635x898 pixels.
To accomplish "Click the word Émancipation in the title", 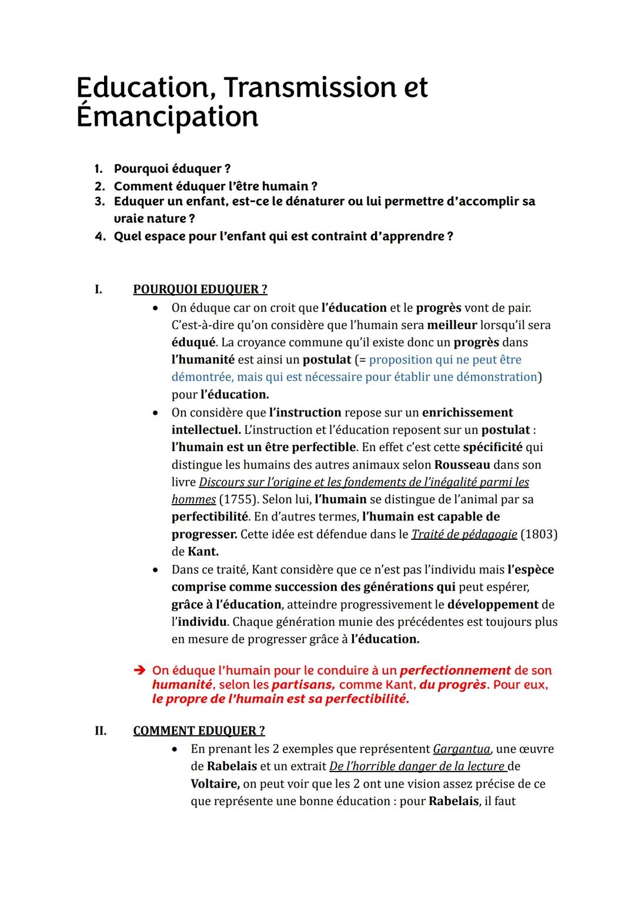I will (167, 116).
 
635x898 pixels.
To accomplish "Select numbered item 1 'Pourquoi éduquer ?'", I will (172, 169).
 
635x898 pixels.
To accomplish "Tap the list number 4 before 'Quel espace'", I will (99, 236).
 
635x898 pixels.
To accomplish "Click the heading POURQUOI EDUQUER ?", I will (200, 289).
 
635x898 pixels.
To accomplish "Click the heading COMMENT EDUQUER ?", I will (199, 730).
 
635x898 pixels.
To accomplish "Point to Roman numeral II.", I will (101, 730).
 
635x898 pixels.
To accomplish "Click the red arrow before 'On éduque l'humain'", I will (139, 670).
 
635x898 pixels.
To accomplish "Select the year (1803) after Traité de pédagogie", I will (539, 534).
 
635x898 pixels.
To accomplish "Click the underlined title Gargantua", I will (461, 749).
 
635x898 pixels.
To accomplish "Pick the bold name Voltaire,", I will (215, 784).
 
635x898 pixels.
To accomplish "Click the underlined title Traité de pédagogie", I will (464, 534).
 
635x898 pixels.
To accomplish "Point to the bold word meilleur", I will (452, 325).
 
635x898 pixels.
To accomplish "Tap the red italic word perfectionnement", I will (454, 670).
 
